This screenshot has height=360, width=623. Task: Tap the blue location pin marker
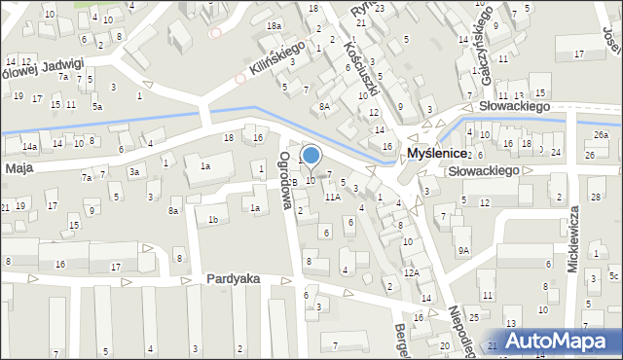click(x=311, y=155)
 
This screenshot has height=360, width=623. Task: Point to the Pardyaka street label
click(x=233, y=278)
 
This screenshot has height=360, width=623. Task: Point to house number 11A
click(x=333, y=198)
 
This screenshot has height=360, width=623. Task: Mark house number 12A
click(x=412, y=273)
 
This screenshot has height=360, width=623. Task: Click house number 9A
click(x=464, y=250)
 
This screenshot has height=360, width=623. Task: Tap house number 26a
click(x=602, y=134)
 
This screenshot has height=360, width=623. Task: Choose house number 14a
click(x=30, y=147)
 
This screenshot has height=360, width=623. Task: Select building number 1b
click(x=212, y=220)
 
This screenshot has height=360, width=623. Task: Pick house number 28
click(x=595, y=198)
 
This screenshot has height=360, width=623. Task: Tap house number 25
click(x=473, y=318)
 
